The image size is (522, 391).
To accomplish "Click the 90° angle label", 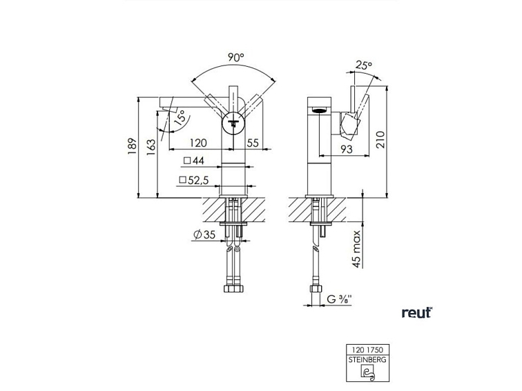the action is click(236, 57).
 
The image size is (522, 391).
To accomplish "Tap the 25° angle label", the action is click(363, 65).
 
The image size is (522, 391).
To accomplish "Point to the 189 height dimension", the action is click(133, 146).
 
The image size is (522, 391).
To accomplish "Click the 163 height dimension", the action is click(151, 147).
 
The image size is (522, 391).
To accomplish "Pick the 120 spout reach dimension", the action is click(198, 143).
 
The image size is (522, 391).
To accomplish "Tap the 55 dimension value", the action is click(253, 143).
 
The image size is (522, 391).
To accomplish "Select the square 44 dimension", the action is click(194, 161).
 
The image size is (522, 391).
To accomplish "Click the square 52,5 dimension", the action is click(194, 180).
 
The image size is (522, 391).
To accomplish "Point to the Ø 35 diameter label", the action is click(204, 234).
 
